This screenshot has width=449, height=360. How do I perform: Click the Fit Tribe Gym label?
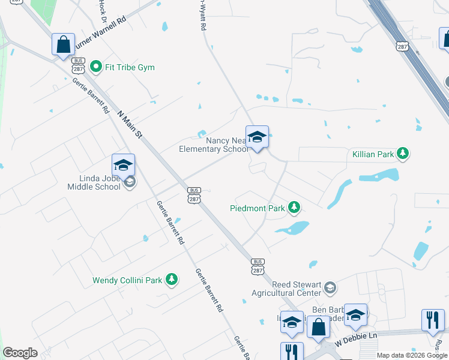point(130,67)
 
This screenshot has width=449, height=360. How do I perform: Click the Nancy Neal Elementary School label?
point(213,145)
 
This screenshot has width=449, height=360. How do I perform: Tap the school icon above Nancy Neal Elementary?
point(257,138)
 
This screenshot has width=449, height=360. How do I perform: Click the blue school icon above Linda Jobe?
point(123,166)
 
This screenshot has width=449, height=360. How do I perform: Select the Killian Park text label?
point(373,154)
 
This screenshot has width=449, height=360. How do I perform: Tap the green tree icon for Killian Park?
point(403,154)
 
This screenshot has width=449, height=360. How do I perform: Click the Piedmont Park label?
point(256,209)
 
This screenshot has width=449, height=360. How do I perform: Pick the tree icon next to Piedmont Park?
point(294,208)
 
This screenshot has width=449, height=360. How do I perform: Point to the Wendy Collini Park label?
point(127,280)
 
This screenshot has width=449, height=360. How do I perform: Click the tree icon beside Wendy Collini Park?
point(172,280)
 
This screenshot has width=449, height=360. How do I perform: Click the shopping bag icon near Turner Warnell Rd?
point(63,45)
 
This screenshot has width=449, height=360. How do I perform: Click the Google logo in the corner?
point(20,353)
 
